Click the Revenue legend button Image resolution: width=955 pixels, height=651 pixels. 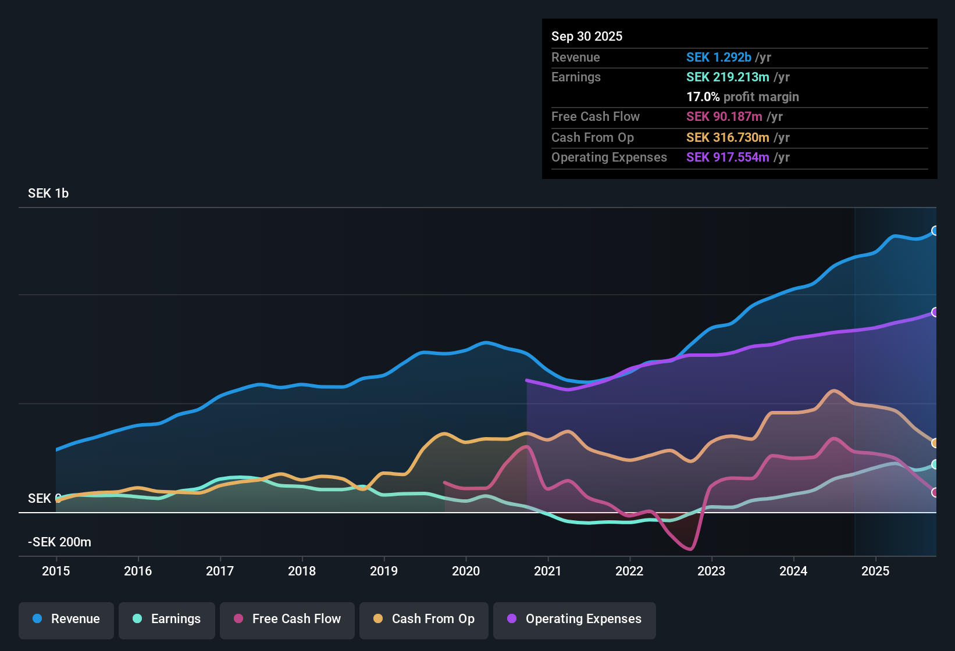point(66,619)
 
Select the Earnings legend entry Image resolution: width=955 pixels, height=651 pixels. point(167,619)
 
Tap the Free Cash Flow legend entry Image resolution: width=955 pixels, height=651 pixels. point(287,619)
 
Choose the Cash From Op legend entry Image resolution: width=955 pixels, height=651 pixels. point(424,619)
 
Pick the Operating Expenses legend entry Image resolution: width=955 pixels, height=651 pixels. point(575,619)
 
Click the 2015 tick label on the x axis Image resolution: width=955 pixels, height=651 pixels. point(56,571)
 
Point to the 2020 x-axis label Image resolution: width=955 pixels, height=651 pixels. point(466,571)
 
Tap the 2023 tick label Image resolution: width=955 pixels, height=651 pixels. point(711,571)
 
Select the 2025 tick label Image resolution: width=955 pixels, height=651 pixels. point(875,571)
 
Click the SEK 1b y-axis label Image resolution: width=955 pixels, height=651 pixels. point(48,194)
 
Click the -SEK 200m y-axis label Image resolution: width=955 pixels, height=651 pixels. point(59,542)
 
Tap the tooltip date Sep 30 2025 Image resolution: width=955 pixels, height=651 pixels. point(586,36)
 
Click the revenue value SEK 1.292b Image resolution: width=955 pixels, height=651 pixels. point(718,57)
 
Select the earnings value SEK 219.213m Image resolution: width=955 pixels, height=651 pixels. point(727,77)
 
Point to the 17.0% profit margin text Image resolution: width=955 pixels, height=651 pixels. point(742,96)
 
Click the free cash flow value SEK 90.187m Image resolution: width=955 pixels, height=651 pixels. point(724,116)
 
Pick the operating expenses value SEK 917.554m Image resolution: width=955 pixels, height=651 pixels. point(727,157)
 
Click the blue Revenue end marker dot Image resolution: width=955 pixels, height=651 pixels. point(935,231)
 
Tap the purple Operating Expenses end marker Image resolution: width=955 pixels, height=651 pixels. point(935,312)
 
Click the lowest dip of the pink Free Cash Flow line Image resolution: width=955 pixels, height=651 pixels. point(690,549)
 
